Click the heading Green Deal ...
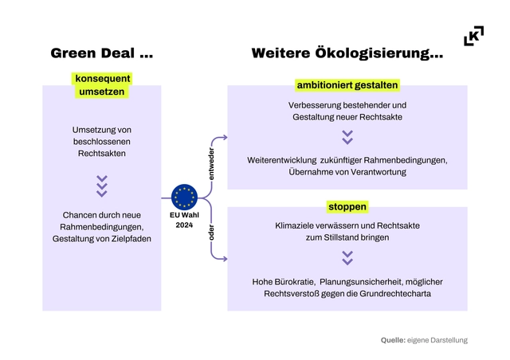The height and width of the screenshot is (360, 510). [101, 54]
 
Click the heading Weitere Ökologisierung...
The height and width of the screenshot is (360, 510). [347, 54]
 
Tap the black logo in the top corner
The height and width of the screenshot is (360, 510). [473, 36]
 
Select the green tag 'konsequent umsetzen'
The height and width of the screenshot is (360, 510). [101, 85]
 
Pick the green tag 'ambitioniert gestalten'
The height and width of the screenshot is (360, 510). [347, 84]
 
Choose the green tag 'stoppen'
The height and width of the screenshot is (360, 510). [347, 207]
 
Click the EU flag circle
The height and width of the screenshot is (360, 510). [185, 197]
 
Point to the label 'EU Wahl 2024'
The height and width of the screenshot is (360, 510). [185, 219]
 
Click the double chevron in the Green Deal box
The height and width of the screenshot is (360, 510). [101, 186]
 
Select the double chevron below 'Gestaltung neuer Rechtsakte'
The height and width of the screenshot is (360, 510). [347, 138]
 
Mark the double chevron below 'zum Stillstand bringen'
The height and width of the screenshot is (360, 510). [347, 258]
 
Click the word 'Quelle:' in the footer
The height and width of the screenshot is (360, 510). [393, 340]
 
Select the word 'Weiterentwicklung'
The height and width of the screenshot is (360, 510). [284, 159]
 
